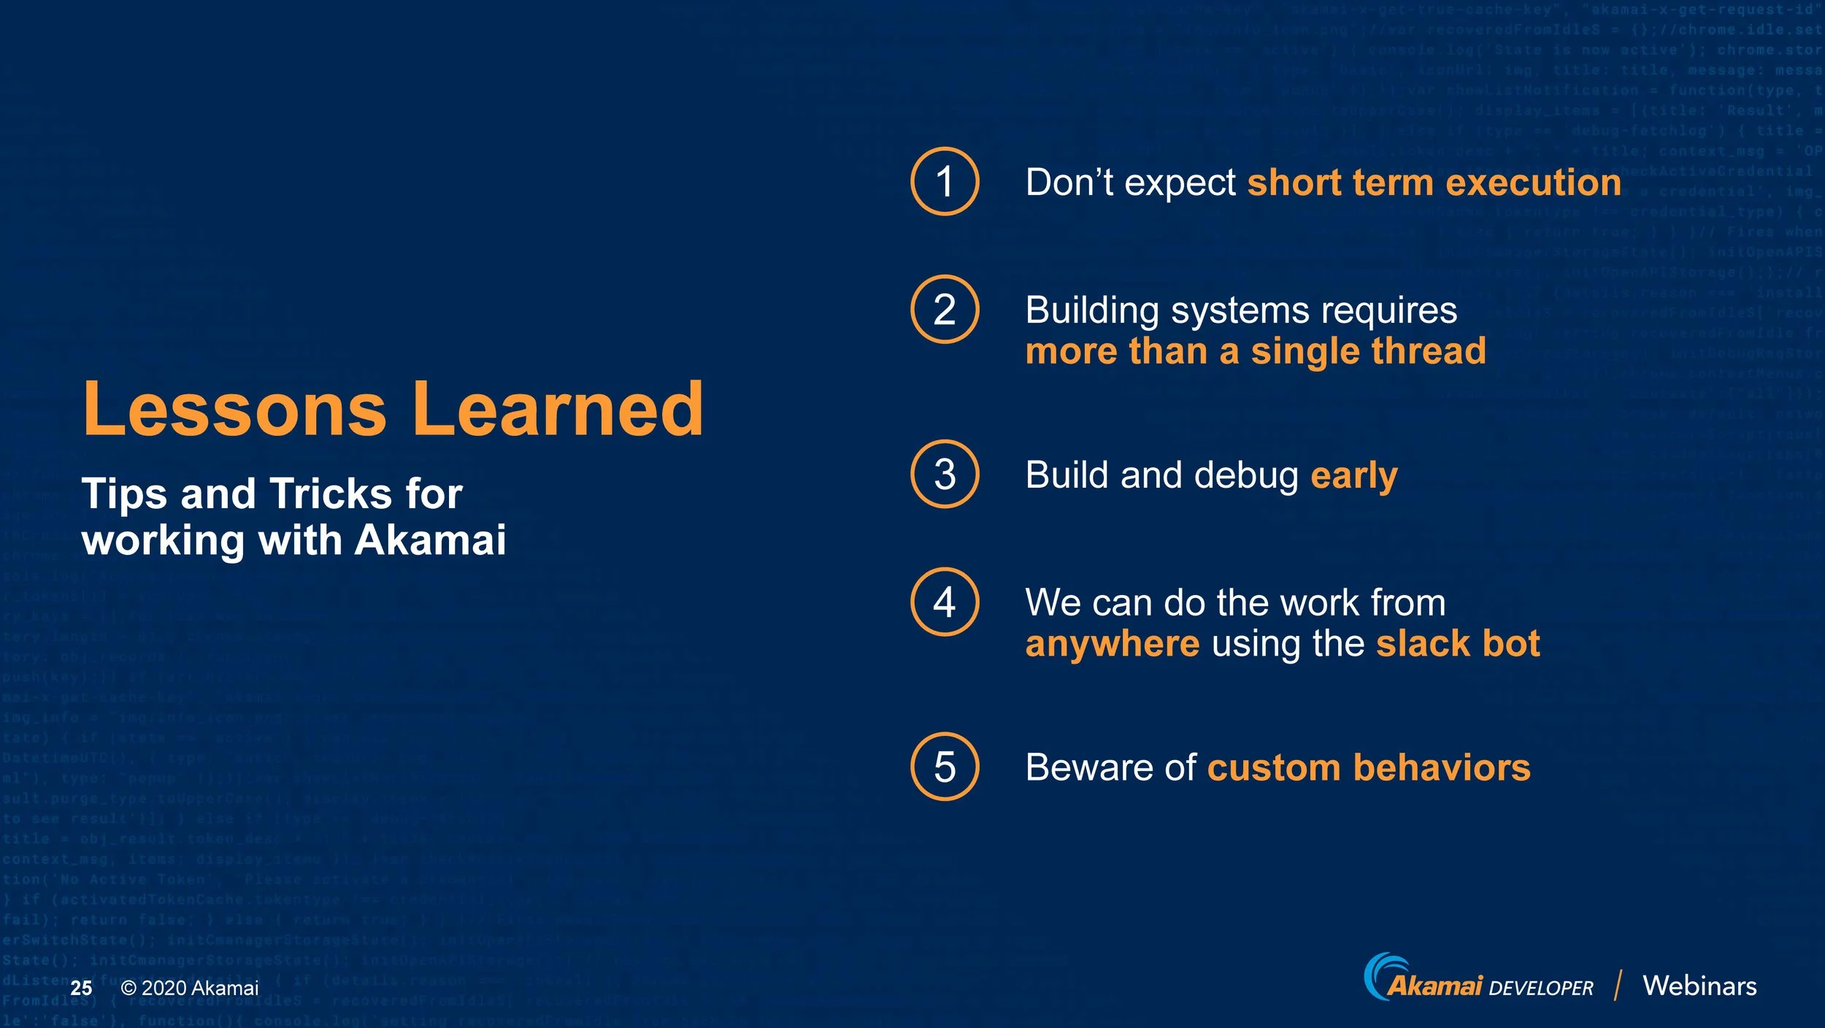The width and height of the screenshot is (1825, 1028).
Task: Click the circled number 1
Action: click(x=945, y=181)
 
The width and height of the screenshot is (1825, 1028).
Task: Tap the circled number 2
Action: click(x=945, y=309)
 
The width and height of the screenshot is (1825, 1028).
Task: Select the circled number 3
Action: click(x=945, y=474)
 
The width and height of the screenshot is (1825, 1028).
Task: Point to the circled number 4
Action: click(x=945, y=602)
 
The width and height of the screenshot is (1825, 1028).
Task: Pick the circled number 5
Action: click(x=945, y=767)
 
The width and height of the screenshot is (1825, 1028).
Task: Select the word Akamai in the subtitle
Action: click(x=430, y=540)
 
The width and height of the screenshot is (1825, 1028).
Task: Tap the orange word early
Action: click(x=1354, y=476)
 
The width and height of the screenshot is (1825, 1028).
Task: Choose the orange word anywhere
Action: click(x=1112, y=645)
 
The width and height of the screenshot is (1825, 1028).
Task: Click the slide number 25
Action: click(x=81, y=988)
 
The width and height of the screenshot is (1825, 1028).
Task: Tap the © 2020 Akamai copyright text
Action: click(x=190, y=988)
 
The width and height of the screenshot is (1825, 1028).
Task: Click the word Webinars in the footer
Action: click(x=1699, y=986)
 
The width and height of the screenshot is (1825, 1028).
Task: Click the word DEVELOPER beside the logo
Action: click(x=1540, y=989)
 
